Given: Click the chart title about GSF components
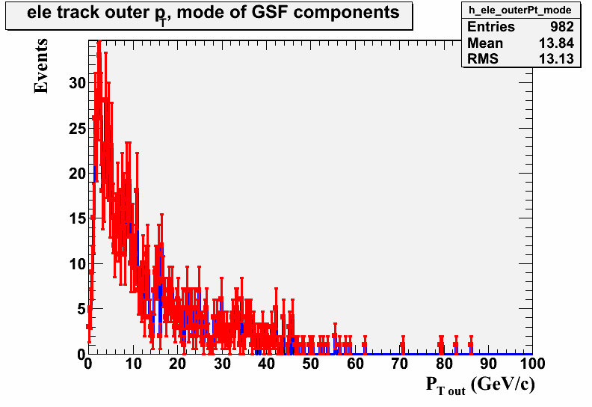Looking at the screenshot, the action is (213, 13).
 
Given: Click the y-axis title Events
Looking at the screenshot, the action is (41, 66).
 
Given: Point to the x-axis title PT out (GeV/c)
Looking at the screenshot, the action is (480, 385).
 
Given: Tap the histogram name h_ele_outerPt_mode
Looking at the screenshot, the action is (520, 10).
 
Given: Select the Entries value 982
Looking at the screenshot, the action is (562, 27).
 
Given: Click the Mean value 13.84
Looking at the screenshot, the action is (556, 43).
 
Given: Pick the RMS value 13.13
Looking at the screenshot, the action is (556, 59).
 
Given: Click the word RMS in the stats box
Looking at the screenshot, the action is (483, 59).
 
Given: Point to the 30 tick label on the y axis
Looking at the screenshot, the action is (78, 83).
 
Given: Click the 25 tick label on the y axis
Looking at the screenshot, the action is (78, 129).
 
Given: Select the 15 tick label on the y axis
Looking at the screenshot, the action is (78, 218).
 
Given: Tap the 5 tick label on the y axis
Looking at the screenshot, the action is (82, 310).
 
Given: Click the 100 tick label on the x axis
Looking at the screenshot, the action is (531, 364).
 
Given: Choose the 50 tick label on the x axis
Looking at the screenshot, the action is (311, 364).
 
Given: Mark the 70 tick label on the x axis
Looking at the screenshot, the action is (399, 364).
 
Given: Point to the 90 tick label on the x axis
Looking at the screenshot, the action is (489, 364).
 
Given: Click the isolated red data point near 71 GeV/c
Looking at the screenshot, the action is (403, 345).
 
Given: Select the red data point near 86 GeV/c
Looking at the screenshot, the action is (471, 345).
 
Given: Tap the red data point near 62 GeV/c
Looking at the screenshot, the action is (365, 345).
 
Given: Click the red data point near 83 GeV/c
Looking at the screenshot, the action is (456, 345).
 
